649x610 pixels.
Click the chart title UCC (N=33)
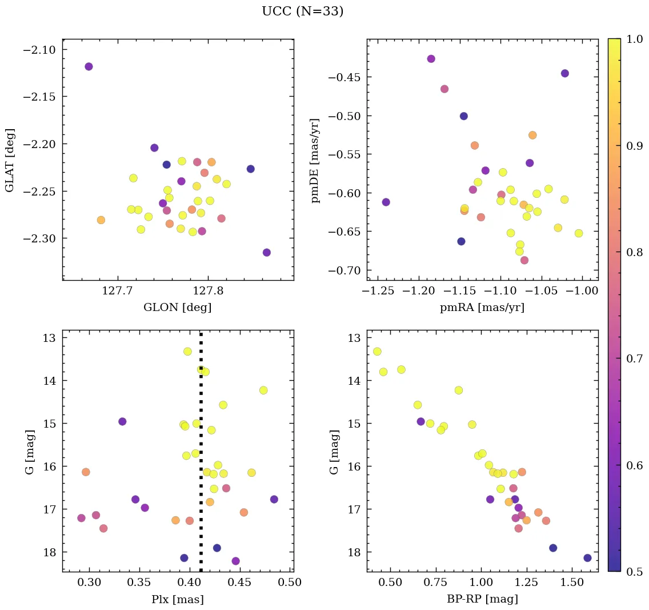(302, 11)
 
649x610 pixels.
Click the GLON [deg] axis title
(178, 308)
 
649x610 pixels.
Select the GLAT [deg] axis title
(10, 160)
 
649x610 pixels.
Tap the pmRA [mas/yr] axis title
(482, 308)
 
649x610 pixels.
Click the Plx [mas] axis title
(178, 599)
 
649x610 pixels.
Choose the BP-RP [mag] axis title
(482, 599)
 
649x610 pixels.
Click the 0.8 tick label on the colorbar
(634, 252)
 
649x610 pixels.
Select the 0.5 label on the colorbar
(634, 572)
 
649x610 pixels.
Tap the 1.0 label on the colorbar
(634, 39)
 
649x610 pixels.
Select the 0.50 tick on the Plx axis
(291, 584)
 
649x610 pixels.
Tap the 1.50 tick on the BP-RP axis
(571, 584)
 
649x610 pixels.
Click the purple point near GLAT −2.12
(89, 66)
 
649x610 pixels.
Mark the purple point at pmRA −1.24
(386, 202)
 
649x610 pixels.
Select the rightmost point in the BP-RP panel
(587, 557)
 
